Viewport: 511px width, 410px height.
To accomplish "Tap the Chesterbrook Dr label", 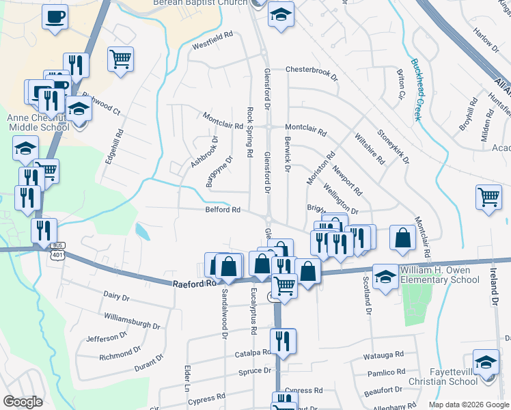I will coord(312,70).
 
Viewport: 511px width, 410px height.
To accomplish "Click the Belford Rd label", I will coord(223,210).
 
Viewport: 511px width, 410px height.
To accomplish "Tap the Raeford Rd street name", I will coord(193,282).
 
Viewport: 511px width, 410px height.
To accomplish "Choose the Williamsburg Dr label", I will coord(132,320).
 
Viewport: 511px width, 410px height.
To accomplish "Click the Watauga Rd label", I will coord(383,355).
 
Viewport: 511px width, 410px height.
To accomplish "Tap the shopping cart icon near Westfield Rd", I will coord(120,59).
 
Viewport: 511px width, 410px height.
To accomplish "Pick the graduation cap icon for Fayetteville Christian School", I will coord(486,363).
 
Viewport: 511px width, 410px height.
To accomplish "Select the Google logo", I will coord(23,402).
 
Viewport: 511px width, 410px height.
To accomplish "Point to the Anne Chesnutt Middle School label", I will coord(37,122).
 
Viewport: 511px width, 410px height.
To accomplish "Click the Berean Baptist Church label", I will coord(209,3).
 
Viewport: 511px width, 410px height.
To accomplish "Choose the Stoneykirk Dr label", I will coord(393,148).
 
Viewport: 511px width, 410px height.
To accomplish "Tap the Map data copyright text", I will coord(468,405).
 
